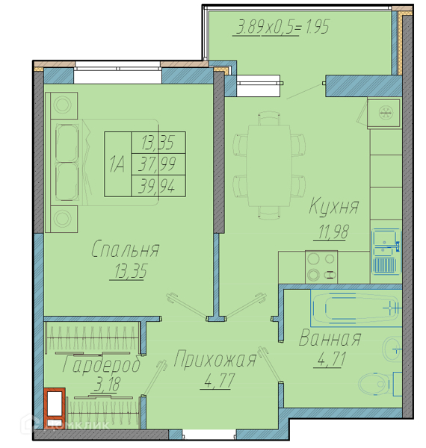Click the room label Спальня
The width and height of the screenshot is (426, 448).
point(126,249)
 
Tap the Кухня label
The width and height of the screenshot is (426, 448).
point(333,206)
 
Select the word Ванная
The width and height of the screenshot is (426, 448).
point(330,338)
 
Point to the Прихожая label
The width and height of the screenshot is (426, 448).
point(215,359)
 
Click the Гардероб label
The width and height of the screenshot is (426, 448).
point(102,364)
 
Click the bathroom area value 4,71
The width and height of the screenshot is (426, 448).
point(331,359)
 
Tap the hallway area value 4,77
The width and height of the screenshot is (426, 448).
point(220,381)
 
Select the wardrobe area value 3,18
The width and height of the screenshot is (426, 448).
point(107,385)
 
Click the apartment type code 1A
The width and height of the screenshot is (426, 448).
point(117,164)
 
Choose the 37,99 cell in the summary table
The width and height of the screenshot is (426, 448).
point(158,164)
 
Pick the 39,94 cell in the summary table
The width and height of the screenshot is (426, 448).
point(158,186)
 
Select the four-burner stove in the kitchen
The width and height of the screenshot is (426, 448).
point(321,267)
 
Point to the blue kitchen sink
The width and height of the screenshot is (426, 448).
point(386,252)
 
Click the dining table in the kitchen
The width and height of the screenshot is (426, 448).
point(269,166)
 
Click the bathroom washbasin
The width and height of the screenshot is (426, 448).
point(392,349)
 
